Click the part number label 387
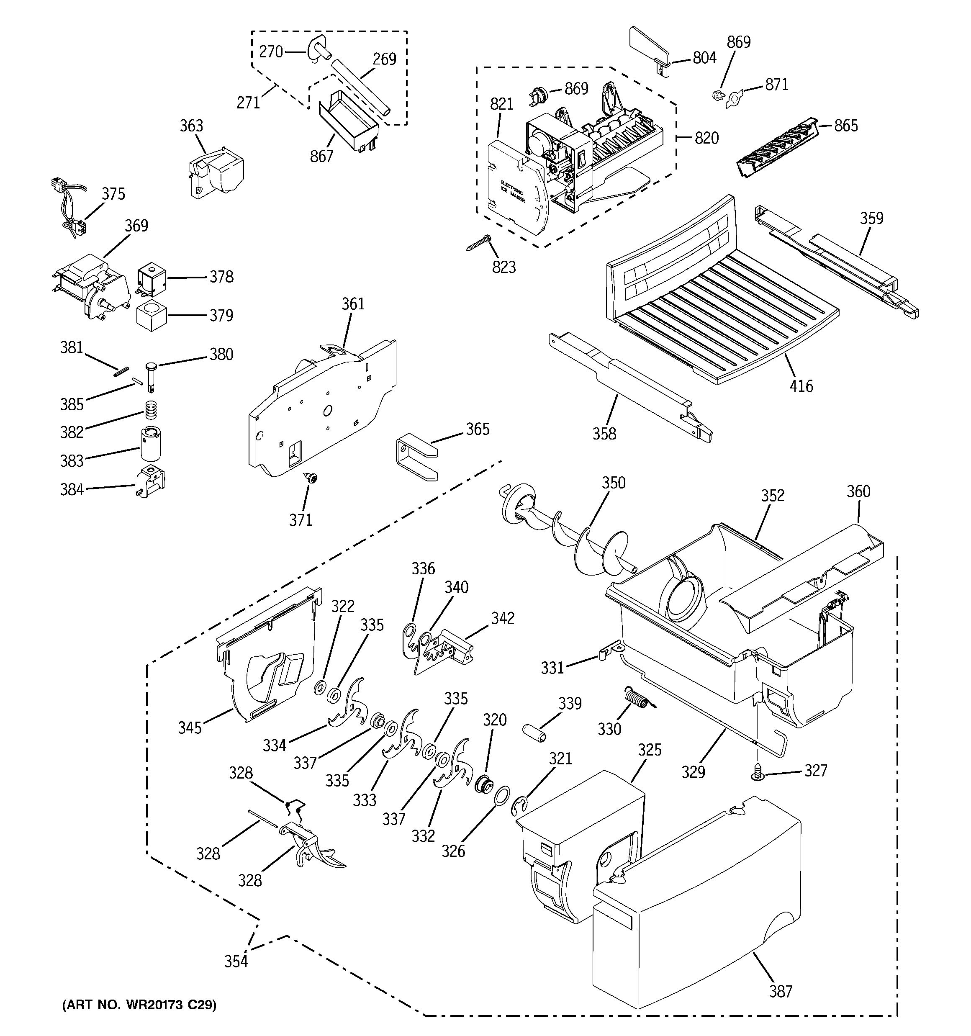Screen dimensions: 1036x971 tap(780, 991)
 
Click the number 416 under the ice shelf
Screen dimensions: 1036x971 tap(801, 386)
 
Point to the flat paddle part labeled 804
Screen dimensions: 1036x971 tap(650, 51)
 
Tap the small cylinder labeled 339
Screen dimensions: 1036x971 tap(534, 732)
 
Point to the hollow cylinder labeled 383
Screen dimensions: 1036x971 tap(150, 444)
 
